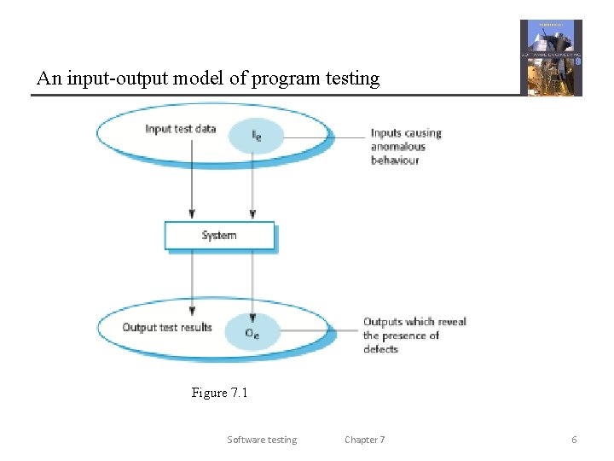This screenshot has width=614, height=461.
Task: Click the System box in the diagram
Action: click(x=219, y=236)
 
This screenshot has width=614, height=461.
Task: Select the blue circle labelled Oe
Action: click(x=252, y=332)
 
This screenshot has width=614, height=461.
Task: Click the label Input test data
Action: click(x=181, y=129)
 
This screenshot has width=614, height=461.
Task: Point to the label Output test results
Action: click(x=167, y=327)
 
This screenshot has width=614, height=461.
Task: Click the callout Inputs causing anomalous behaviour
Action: click(x=405, y=146)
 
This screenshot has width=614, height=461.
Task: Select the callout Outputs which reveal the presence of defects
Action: click(x=414, y=335)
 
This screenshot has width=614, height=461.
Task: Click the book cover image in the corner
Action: click(x=551, y=57)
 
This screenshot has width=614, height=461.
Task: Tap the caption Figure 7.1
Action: click(x=219, y=393)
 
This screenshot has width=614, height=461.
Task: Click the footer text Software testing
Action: click(x=262, y=440)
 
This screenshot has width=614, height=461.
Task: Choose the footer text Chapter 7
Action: click(x=364, y=440)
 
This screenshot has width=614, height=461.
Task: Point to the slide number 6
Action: click(x=574, y=440)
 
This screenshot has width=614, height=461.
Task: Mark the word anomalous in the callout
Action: click(x=397, y=146)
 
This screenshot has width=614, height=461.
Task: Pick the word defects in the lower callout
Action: click(x=380, y=348)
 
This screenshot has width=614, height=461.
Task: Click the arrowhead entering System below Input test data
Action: click(x=192, y=213)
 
